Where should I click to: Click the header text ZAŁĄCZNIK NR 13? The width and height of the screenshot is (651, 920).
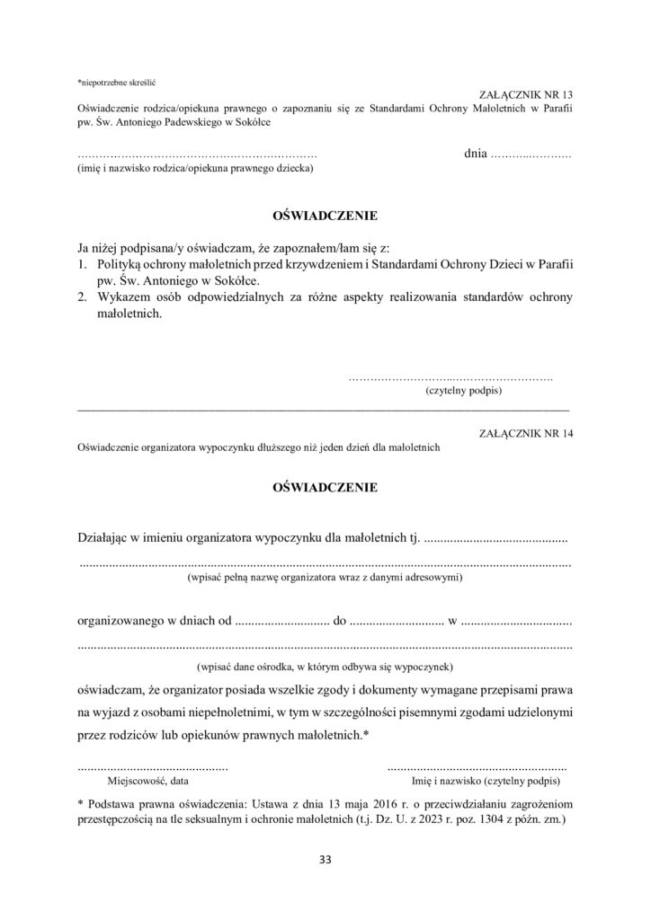(x=527, y=94)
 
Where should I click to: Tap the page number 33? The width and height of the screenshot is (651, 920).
(x=325, y=860)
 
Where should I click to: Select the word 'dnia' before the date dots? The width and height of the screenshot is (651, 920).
(x=476, y=155)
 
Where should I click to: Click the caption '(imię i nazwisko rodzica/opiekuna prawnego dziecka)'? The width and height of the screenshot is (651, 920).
(x=195, y=168)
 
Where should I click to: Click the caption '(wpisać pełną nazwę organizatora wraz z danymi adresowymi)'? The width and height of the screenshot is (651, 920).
(x=325, y=578)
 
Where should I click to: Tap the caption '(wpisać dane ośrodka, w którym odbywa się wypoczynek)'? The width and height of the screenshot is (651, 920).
(x=325, y=667)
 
